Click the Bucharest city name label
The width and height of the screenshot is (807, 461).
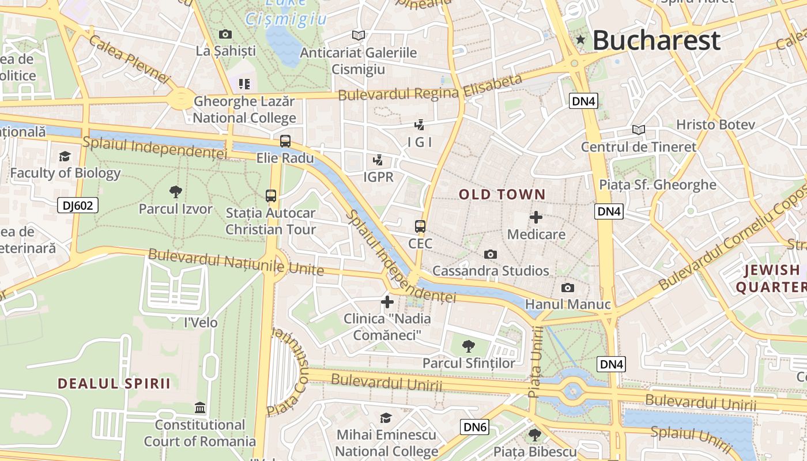click(x=656, y=40)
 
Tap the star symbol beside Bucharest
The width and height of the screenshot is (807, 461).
click(x=580, y=40)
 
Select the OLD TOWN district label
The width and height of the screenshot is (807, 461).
click(x=502, y=195)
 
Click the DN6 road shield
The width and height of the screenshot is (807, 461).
click(x=475, y=427)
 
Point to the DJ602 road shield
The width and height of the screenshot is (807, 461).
click(x=78, y=205)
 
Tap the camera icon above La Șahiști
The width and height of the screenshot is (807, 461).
click(x=225, y=35)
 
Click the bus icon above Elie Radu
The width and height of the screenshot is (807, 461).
click(x=285, y=141)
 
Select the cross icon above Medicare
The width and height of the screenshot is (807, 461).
click(x=536, y=217)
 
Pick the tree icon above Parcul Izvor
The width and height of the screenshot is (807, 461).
click(x=175, y=191)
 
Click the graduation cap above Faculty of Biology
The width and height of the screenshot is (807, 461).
click(x=65, y=156)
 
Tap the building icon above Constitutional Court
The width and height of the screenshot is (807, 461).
click(x=200, y=408)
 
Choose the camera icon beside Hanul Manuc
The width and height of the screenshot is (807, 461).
click(x=568, y=288)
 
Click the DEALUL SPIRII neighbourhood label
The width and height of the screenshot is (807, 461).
click(x=114, y=383)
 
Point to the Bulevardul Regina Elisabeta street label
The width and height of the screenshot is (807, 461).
click(x=430, y=88)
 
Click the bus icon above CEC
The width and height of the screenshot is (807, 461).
click(x=420, y=226)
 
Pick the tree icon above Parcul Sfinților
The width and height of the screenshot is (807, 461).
click(x=469, y=346)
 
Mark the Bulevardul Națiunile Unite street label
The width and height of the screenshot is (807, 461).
click(x=236, y=262)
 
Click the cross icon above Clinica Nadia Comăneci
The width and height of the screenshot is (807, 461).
click(x=387, y=301)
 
